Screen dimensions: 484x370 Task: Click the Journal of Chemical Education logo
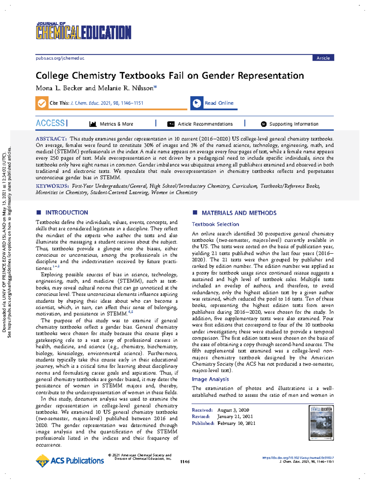click(83, 31)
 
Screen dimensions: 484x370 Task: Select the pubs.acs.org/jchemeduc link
click(60, 58)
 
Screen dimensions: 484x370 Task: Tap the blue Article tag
click(323, 58)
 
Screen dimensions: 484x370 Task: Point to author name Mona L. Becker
click(59, 88)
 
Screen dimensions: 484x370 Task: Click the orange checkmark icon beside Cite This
click(42, 103)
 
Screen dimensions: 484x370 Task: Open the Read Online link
click(219, 103)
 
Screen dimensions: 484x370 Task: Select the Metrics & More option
click(116, 124)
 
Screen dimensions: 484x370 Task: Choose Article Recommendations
click(205, 124)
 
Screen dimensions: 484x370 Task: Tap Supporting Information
click(294, 124)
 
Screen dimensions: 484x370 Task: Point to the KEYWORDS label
click(52, 186)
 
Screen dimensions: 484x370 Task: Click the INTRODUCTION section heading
click(67, 212)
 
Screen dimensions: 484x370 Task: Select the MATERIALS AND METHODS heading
click(239, 213)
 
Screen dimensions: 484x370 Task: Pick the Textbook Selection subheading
click(215, 224)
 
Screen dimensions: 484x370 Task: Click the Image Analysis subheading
click(210, 379)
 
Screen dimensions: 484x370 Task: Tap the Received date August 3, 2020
click(233, 410)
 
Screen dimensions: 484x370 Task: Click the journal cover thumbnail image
click(321, 422)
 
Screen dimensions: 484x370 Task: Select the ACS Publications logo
click(70, 461)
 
